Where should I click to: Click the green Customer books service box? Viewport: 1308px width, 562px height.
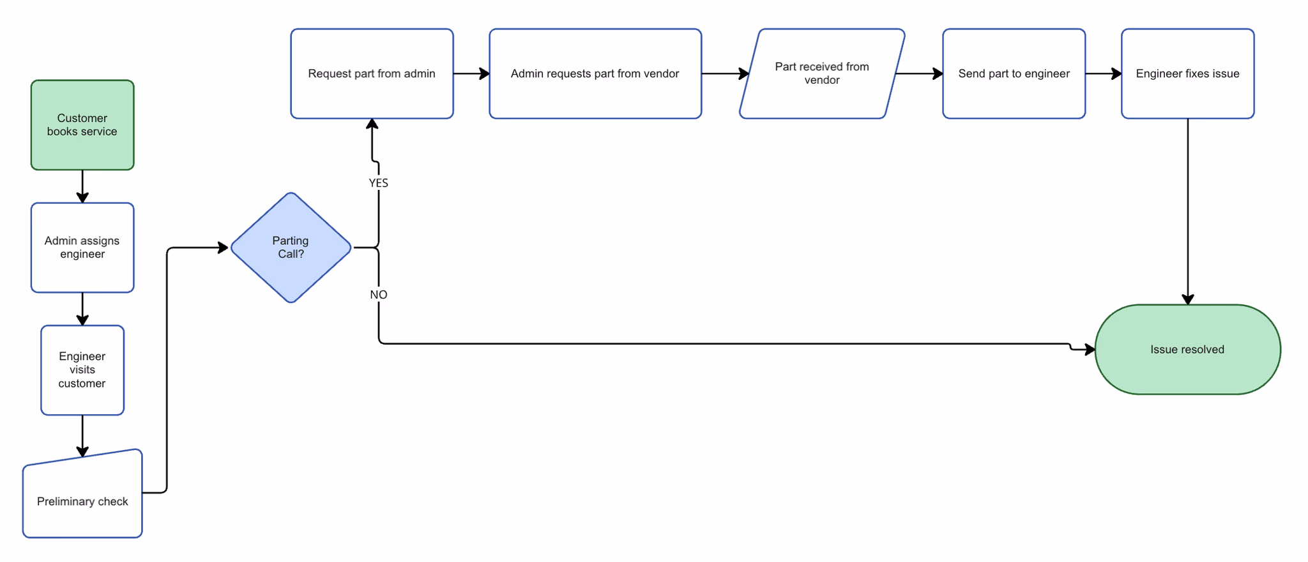click(x=82, y=125)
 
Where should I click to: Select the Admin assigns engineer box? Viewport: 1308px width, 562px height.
click(x=82, y=247)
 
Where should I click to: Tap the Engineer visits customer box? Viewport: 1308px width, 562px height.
click(x=82, y=370)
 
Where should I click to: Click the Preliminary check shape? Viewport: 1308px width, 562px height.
click(x=82, y=501)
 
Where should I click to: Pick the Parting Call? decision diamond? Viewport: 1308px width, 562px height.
click(x=291, y=247)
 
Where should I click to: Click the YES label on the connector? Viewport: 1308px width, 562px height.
click(x=378, y=183)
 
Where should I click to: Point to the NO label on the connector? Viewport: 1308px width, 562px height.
click(x=378, y=295)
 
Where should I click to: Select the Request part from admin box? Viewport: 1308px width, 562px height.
click(x=372, y=74)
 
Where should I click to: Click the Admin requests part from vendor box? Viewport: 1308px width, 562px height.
click(x=595, y=74)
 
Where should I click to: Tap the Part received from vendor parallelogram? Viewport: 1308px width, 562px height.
click(x=822, y=74)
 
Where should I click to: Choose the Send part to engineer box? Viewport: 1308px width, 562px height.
click(x=1014, y=74)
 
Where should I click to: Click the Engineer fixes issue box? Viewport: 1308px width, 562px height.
click(x=1187, y=74)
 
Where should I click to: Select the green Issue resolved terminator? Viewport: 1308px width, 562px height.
click(x=1187, y=349)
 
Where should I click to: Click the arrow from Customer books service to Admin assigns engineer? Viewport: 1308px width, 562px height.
click(x=82, y=187)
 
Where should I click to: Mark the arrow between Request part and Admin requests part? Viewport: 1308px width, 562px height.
click(x=471, y=74)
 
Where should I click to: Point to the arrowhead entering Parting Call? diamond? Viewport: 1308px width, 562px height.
click(x=223, y=247)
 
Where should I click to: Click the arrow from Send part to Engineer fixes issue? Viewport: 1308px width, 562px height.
click(x=1103, y=74)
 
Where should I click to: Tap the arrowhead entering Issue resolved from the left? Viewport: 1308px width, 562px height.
click(x=1090, y=349)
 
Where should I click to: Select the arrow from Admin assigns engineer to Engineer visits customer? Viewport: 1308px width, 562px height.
click(x=82, y=309)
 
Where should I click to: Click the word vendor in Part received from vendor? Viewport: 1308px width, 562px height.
click(x=822, y=81)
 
